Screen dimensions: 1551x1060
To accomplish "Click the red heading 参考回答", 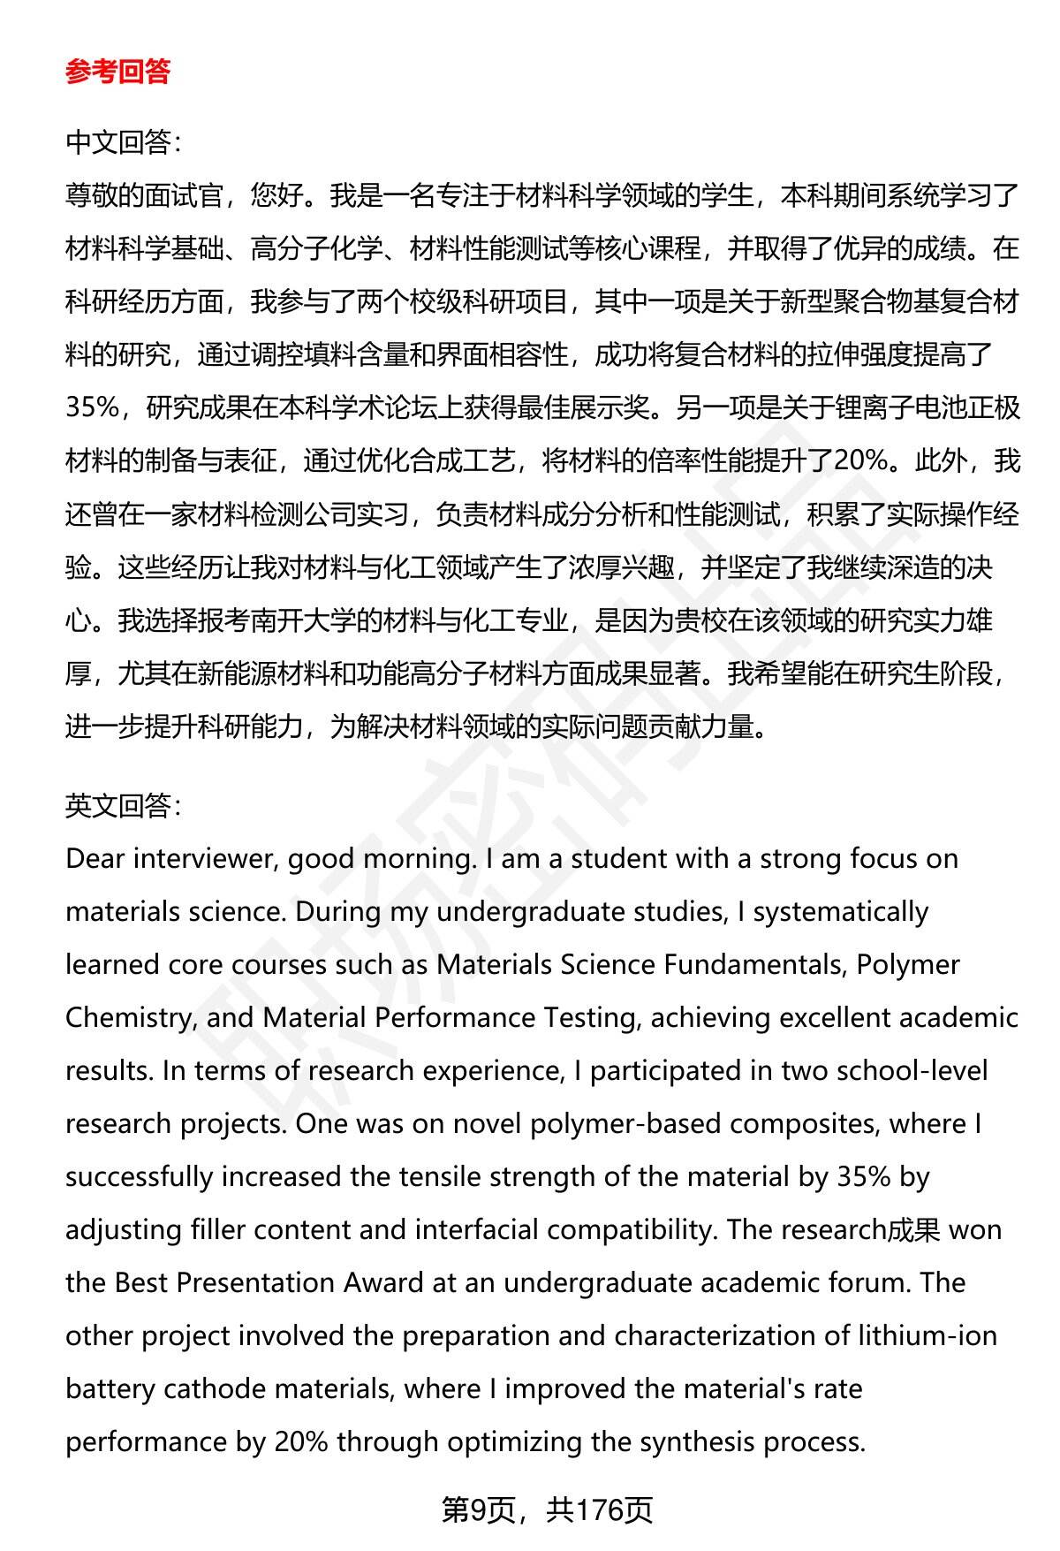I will [x=117, y=72].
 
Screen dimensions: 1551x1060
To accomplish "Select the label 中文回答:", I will [x=123, y=142].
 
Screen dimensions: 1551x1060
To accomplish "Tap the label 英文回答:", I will [x=123, y=805].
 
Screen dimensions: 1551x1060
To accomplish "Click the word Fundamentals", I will [x=754, y=964].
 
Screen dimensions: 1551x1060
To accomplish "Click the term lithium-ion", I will [x=927, y=1335].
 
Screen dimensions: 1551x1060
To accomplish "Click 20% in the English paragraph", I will [x=301, y=1441].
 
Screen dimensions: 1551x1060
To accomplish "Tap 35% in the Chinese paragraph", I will [x=92, y=407].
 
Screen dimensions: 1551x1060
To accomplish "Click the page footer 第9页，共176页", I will [x=547, y=1510].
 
